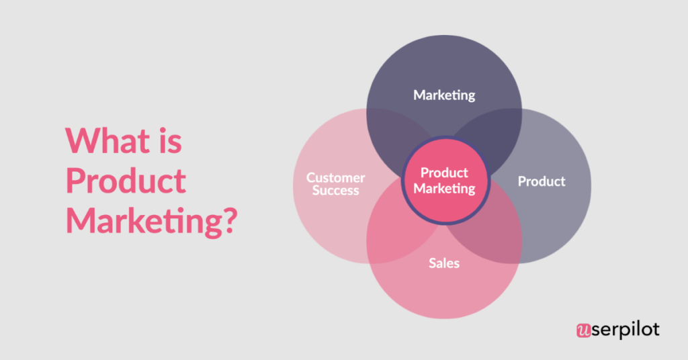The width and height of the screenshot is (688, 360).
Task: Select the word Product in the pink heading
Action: (126, 181)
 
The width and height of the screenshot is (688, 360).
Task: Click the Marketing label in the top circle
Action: (444, 95)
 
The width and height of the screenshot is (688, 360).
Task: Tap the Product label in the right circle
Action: (542, 181)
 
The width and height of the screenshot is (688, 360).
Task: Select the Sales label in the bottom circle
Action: (444, 263)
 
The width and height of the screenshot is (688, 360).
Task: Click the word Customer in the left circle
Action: (336, 178)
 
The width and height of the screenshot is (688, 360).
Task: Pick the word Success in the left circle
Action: (336, 190)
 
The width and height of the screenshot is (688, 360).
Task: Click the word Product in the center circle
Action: (444, 173)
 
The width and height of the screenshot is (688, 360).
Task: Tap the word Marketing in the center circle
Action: (444, 188)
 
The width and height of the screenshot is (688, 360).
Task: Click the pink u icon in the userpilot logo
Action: (583, 330)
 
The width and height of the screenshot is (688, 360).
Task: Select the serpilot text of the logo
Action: (625, 330)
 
